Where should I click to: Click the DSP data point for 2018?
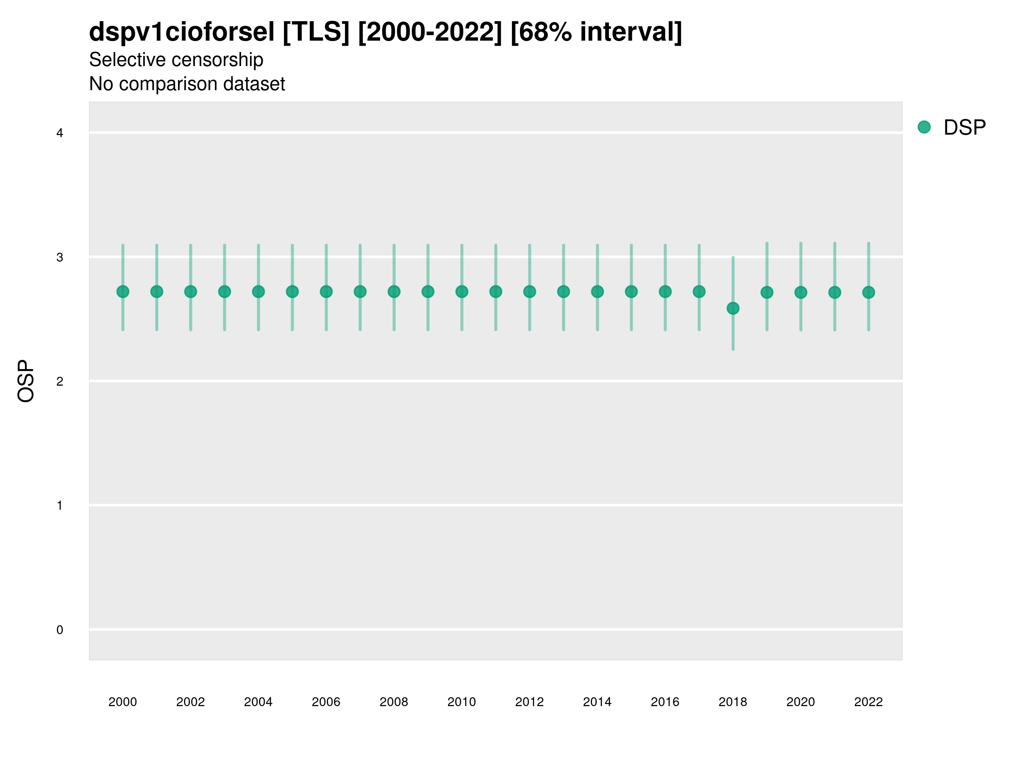(x=733, y=308)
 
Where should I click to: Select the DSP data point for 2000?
(x=123, y=292)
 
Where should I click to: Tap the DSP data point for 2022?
(x=869, y=293)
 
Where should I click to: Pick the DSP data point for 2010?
(x=461, y=292)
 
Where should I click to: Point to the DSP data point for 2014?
(x=597, y=292)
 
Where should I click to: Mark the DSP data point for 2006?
(x=326, y=292)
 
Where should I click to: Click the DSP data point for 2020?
(x=800, y=293)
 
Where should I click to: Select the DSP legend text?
(x=964, y=128)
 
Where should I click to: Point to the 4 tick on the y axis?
(x=60, y=133)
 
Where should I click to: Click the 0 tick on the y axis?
(x=60, y=630)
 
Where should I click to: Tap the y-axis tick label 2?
(x=60, y=381)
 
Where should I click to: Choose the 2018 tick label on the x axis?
(x=733, y=702)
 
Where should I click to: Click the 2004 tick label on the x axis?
(x=258, y=702)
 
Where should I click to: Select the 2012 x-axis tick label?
(x=529, y=702)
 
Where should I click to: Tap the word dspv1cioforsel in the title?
(x=182, y=32)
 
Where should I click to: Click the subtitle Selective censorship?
(x=176, y=60)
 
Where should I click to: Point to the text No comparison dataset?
(x=187, y=84)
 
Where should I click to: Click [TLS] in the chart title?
(x=316, y=32)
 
